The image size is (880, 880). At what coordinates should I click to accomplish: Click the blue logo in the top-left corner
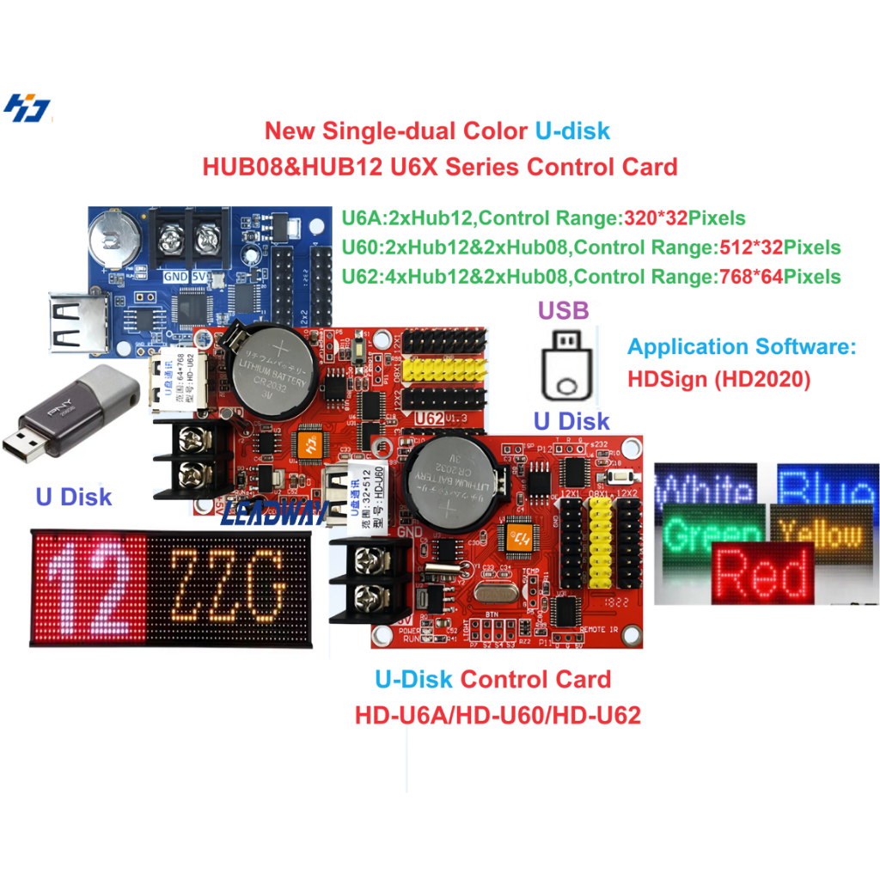pos(28,108)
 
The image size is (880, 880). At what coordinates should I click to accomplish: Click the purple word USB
pos(564,309)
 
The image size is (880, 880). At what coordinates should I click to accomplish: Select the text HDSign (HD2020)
pos(718,379)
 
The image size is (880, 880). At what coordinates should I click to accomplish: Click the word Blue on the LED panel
pos(828,488)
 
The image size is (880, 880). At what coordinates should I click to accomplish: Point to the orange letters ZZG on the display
pos(227,586)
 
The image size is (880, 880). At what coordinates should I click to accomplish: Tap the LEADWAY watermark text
pos(270,515)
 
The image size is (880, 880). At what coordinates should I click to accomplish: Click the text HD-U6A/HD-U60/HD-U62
pos(498,714)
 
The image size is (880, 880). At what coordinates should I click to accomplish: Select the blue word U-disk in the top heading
pos(572,131)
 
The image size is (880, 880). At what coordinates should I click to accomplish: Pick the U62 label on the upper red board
pos(430,419)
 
